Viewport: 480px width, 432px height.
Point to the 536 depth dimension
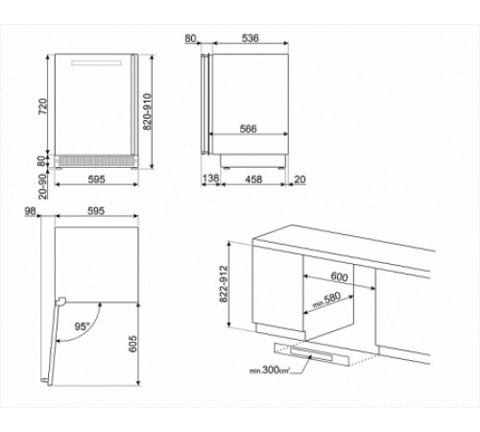click(250, 39)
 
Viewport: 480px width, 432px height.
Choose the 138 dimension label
click(211, 179)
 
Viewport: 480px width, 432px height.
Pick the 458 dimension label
click(253, 179)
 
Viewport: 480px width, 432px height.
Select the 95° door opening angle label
click(84, 325)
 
